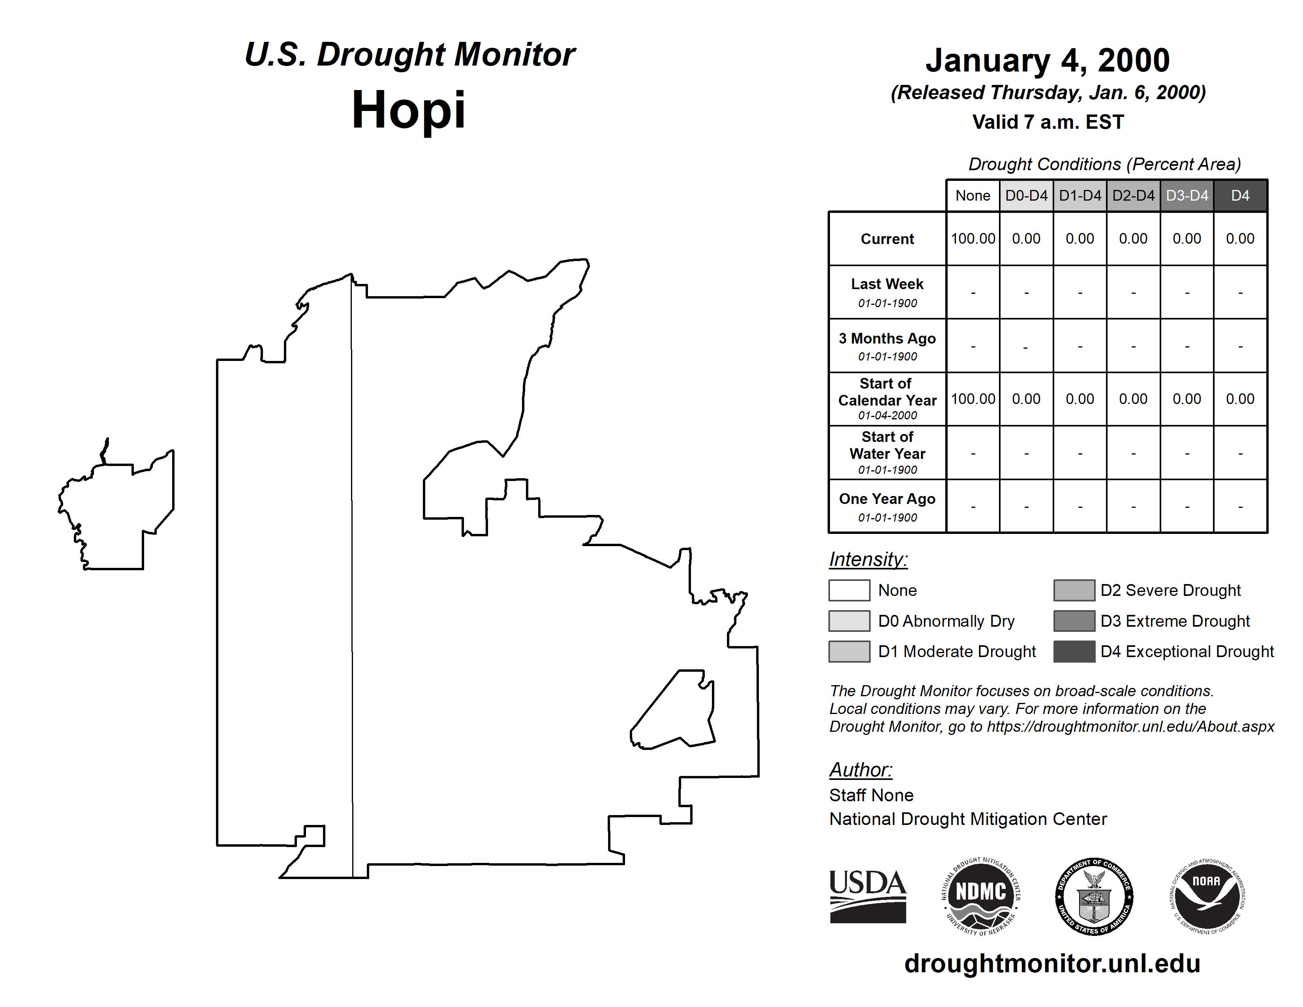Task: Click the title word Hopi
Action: click(x=409, y=110)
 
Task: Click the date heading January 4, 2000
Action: click(x=1048, y=60)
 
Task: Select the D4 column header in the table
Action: click(x=1240, y=195)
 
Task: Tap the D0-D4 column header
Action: click(x=1026, y=195)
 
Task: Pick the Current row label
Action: click(x=887, y=239)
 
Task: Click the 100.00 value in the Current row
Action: click(x=973, y=239)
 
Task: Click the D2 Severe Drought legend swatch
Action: click(x=1074, y=590)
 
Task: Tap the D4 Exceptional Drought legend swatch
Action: click(x=1074, y=652)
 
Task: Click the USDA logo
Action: click(x=867, y=896)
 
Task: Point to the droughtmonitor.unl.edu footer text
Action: click(x=1052, y=964)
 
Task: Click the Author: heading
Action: click(x=860, y=770)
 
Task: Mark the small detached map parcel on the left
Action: click(x=119, y=513)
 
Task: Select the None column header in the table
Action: click(x=973, y=195)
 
